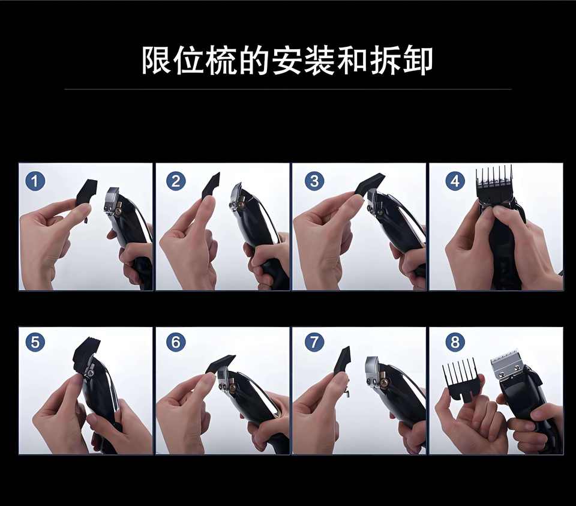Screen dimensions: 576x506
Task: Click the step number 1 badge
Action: pyautogui.click(x=35, y=181)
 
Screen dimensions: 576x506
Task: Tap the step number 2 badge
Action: pyautogui.click(x=176, y=181)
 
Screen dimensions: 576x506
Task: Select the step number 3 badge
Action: pyautogui.click(x=314, y=181)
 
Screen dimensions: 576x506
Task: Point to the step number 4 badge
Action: pyautogui.click(x=455, y=181)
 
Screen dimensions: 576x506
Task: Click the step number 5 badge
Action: pyautogui.click(x=35, y=342)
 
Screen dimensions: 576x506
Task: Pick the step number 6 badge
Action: pyautogui.click(x=176, y=342)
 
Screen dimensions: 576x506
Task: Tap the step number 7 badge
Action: pyautogui.click(x=314, y=342)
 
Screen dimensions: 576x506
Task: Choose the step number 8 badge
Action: pyautogui.click(x=455, y=342)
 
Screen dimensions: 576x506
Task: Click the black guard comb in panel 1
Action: pyautogui.click(x=86, y=194)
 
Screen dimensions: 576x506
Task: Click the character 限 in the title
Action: pyautogui.click(x=156, y=61)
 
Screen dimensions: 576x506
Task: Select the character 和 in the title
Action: pyautogui.click(x=353, y=61)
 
